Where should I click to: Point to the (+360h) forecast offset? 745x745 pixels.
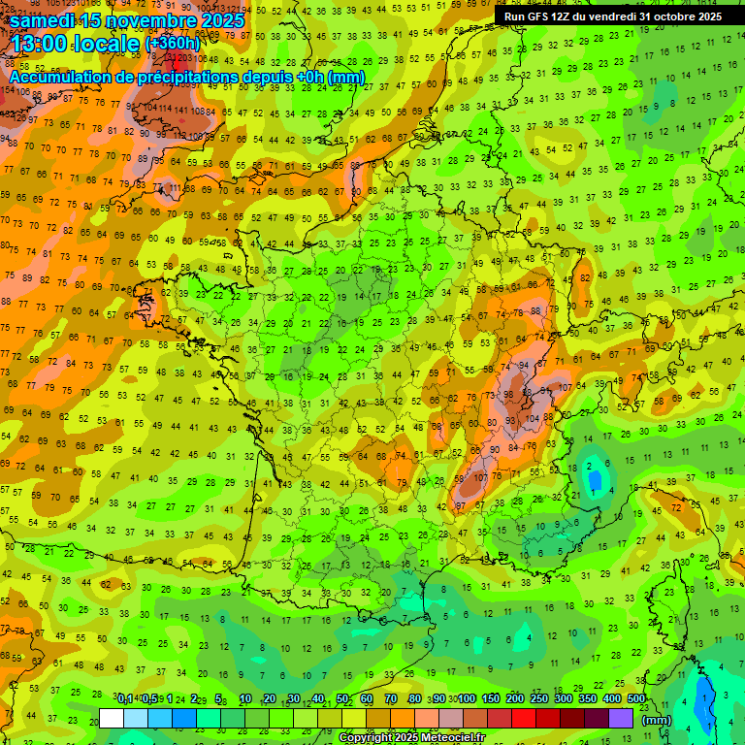pos(174,44)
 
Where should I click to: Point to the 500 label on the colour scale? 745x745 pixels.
pos(636,699)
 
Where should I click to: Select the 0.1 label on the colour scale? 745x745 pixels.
pos(125,699)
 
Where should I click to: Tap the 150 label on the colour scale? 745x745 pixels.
pos(491,699)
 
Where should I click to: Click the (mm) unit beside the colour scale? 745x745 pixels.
pos(657,720)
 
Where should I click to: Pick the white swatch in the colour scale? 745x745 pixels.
pos(112,719)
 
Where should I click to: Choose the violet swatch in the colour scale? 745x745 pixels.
pos(621,719)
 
